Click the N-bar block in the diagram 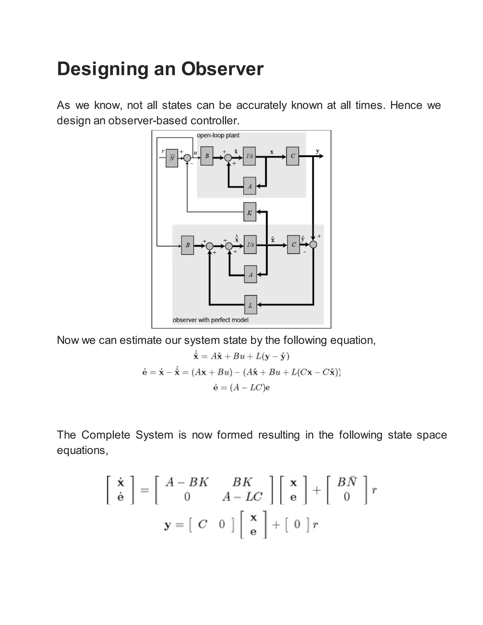click(172, 158)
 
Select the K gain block click(250, 212)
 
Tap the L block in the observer click(250, 305)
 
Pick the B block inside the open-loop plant click(207, 156)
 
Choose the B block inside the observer click(187, 245)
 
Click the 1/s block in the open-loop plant click(249, 156)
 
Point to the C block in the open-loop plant click(292, 156)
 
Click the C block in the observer click(293, 245)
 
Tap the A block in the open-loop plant click(250, 186)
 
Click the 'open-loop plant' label click(218, 135)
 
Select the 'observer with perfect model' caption click(211, 320)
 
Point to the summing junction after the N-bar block click(187, 158)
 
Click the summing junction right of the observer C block click(314, 245)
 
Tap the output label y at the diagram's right click(318, 151)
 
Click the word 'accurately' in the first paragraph click(261, 105)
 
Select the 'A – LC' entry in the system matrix click(242, 497)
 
